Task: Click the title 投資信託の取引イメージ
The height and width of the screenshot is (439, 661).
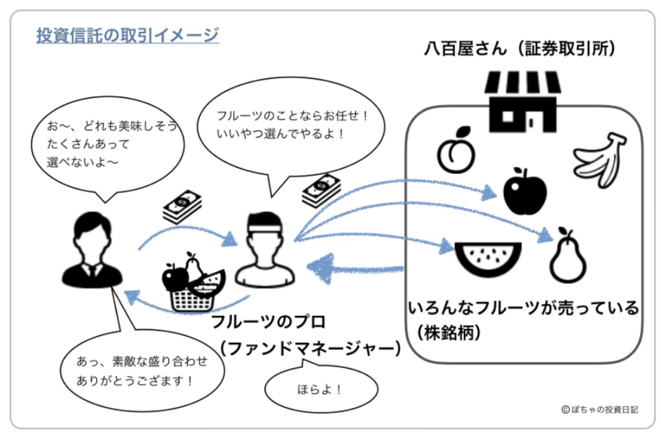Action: (x=127, y=35)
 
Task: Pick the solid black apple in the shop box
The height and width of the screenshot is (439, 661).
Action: (x=525, y=191)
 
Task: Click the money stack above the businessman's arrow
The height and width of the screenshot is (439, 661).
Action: (x=182, y=206)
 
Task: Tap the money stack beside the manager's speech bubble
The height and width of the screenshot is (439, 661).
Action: (x=321, y=190)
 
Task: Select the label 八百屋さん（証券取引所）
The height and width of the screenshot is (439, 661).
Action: (x=520, y=49)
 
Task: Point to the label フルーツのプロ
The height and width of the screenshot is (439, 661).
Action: (x=268, y=321)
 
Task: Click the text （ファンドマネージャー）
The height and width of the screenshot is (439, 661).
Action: (x=310, y=349)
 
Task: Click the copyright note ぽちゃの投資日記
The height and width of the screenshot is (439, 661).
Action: (x=600, y=410)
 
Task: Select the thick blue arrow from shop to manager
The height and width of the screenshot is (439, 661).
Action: (x=354, y=268)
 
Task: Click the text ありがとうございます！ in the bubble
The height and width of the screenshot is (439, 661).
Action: (x=135, y=381)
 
